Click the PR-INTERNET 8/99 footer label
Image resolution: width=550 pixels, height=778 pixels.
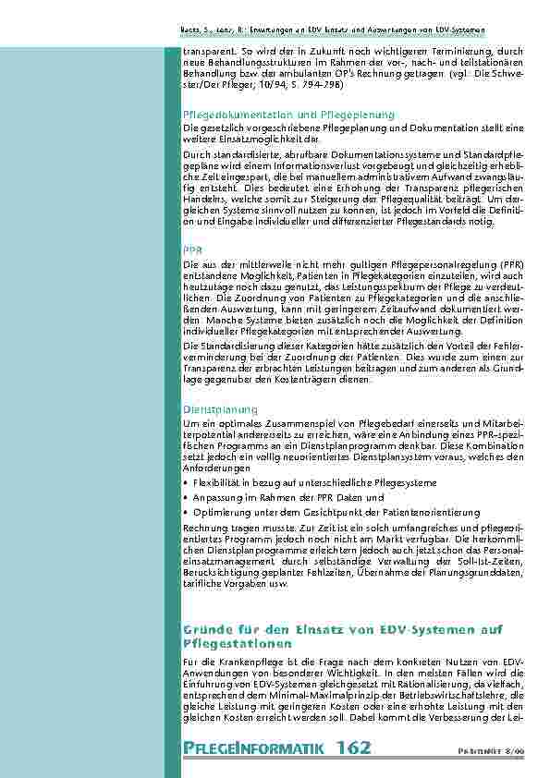[x=497, y=750]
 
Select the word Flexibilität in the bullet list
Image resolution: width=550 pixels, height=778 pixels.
[x=215, y=482]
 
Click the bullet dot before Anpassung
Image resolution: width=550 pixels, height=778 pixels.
[x=187, y=496]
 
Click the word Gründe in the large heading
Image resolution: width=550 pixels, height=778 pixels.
[x=206, y=630]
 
